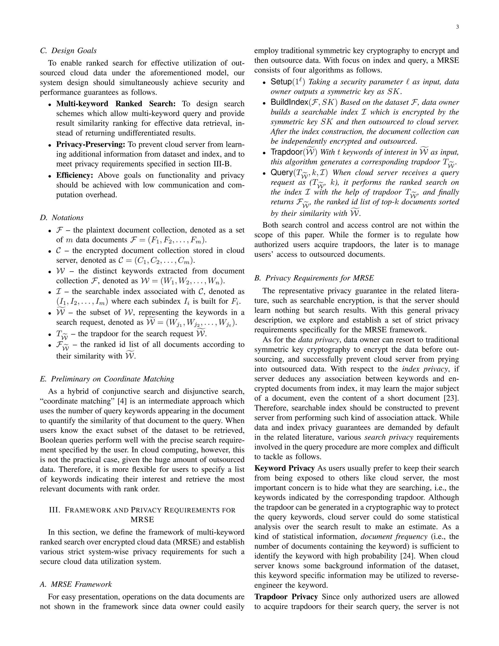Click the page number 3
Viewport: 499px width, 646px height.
pyautogui.click(x=457, y=27)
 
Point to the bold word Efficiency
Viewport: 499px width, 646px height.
pyautogui.click(x=75, y=176)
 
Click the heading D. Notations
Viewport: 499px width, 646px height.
pyautogui.click(x=62, y=218)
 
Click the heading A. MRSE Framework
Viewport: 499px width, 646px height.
pyautogui.click(x=76, y=584)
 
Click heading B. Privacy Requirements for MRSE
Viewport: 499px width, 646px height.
pyautogui.click(x=314, y=278)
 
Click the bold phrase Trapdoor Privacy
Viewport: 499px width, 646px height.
pyautogui.click(x=286, y=597)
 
